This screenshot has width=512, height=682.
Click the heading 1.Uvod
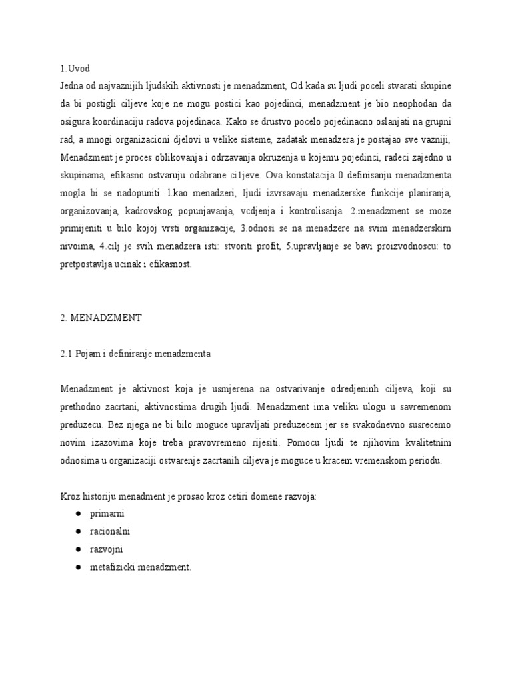point(75,69)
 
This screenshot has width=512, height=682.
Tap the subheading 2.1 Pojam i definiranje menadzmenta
point(135,354)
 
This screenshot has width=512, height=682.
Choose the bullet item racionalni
point(111,532)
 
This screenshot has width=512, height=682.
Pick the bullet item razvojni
point(107,549)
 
